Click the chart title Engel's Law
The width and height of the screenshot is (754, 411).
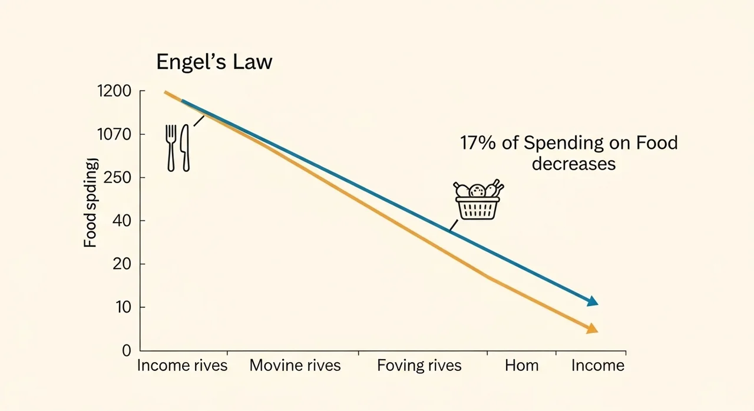pyautogui.click(x=214, y=62)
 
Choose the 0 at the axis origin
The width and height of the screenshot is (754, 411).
pyautogui.click(x=125, y=350)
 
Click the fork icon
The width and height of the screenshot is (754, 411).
pyautogui.click(x=171, y=147)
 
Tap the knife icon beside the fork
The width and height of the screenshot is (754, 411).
pyautogui.click(x=185, y=147)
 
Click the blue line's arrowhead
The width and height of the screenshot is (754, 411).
pyautogui.click(x=593, y=301)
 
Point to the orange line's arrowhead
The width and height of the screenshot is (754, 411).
pyautogui.click(x=592, y=329)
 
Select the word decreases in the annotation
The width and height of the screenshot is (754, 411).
pyautogui.click(x=573, y=163)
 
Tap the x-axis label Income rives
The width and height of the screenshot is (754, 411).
pyautogui.click(x=182, y=365)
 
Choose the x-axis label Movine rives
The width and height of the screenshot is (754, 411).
pyautogui.click(x=295, y=365)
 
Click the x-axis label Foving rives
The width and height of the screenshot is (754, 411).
pyautogui.click(x=419, y=365)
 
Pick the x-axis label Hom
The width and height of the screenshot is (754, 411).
pyautogui.click(x=521, y=365)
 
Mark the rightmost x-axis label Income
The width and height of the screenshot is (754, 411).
pyautogui.click(x=597, y=365)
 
